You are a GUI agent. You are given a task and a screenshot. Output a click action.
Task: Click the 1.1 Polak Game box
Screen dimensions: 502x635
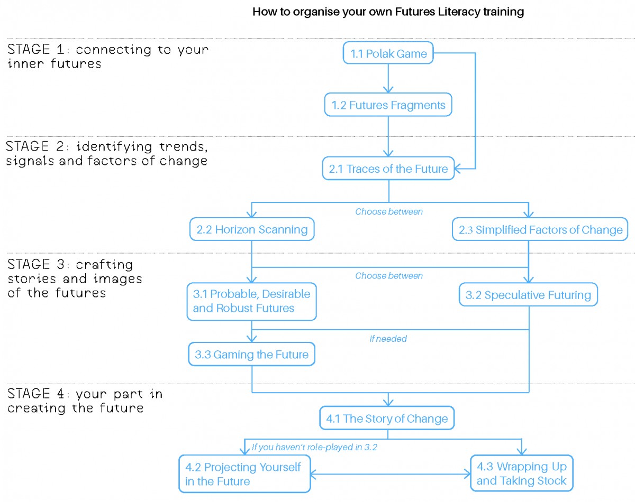tap(388, 53)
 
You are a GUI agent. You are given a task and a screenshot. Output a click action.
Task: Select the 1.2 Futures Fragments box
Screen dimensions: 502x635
tap(388, 105)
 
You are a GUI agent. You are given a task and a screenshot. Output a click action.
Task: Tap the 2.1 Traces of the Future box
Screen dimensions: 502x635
tap(388, 169)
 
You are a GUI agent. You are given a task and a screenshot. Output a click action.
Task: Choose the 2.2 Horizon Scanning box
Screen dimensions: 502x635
tap(252, 229)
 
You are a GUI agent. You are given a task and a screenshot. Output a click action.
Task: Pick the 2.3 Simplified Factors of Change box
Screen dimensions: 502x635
tap(540, 229)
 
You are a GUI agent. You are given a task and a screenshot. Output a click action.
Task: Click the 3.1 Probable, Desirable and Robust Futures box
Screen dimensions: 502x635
tap(252, 301)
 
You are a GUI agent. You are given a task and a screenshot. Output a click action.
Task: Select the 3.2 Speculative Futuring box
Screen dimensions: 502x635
tap(528, 295)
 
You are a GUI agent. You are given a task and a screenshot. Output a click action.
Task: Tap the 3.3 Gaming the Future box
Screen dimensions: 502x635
tap(252, 354)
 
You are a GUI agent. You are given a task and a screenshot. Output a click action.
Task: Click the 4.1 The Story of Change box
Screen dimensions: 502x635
tap(387, 419)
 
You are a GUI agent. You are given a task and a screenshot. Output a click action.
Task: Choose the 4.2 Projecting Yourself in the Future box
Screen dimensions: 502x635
tap(244, 474)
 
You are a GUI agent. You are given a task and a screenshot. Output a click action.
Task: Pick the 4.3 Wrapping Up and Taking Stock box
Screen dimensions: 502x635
tap(522, 473)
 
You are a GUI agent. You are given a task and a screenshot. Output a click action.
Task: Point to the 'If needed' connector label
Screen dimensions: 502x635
tap(388, 339)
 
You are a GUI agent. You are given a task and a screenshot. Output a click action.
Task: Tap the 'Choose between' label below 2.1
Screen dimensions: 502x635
tap(389, 212)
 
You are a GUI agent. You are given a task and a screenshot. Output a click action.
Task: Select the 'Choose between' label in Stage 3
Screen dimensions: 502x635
tap(389, 276)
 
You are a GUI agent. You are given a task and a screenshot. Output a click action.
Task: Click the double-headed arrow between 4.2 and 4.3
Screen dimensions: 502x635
tap(390, 474)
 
